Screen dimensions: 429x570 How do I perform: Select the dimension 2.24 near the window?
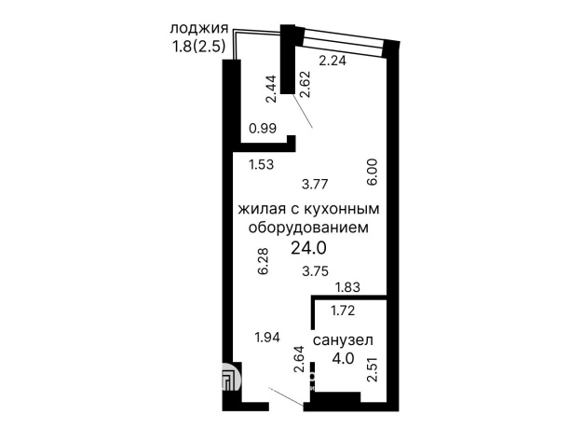pos(333,62)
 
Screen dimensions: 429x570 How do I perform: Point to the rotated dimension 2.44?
pos(269,89)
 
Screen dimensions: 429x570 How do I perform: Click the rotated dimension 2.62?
pos(305,87)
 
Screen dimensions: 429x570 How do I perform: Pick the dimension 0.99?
pos(263,130)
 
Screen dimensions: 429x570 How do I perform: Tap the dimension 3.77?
pos(319,184)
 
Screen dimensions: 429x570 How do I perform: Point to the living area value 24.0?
pos(308,248)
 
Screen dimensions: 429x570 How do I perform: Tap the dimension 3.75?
pos(319,272)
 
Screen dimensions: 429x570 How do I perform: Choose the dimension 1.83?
pos(346,287)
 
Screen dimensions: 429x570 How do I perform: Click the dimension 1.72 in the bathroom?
pos(345,307)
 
